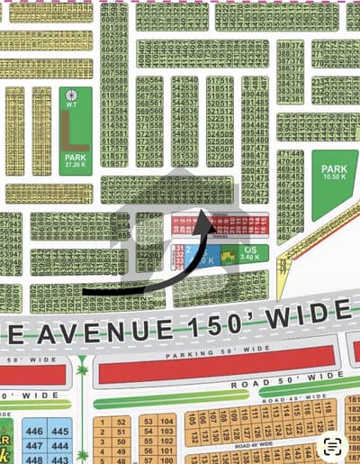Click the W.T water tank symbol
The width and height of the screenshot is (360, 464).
tap(75, 96)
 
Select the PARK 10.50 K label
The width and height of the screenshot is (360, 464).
tap(334, 171)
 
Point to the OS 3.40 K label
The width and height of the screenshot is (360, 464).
tap(251, 255)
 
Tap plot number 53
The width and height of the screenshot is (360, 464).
tap(145, 420)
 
